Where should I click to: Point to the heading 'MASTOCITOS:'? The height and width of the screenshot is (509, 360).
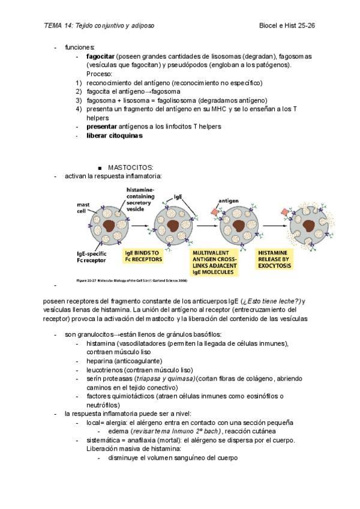coord(131,166)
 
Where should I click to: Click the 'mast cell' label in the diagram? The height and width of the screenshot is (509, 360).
coord(82,208)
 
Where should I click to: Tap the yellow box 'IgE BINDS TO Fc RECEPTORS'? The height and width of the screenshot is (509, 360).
coord(142,257)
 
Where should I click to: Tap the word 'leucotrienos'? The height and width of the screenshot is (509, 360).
coord(106,370)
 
